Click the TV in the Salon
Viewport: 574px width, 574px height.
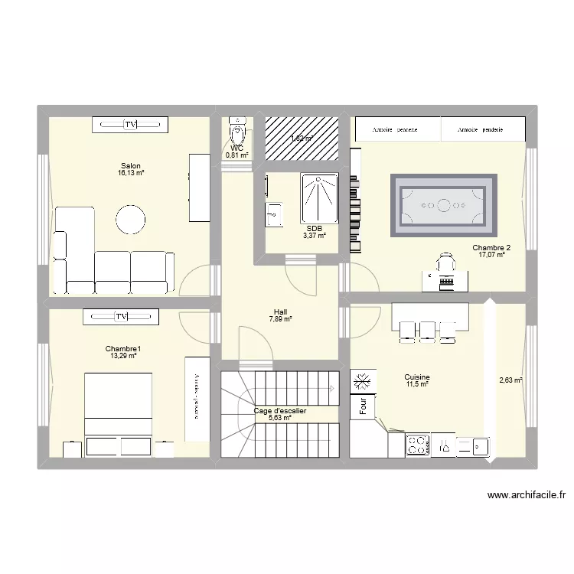coord(129,124)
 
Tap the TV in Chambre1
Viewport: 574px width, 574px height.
coord(121,316)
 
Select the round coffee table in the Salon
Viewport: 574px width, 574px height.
coord(130,219)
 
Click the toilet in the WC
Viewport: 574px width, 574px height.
coord(238,135)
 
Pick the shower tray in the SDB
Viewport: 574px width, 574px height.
coord(318,198)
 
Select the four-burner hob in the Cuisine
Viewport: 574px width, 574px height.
coord(418,445)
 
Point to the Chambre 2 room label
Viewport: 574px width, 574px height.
coord(491,247)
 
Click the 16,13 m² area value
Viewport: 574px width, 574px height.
coord(131,174)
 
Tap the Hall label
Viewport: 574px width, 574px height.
coord(279,311)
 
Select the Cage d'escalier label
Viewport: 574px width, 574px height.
coord(280,411)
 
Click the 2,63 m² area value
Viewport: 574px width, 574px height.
coord(510,380)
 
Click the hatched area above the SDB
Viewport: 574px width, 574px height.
coord(302,139)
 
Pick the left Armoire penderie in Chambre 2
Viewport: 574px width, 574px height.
coord(396,129)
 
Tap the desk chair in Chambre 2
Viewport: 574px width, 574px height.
coord(445,264)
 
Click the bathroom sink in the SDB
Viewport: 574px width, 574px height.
coord(273,214)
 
